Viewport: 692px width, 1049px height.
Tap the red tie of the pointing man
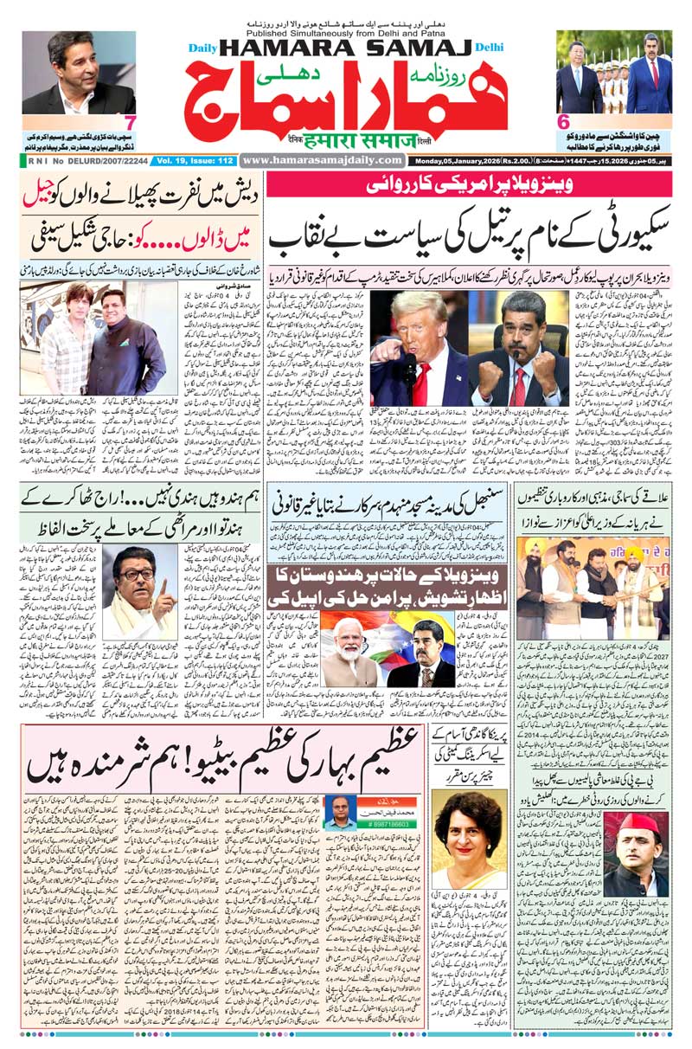pos(420,382)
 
